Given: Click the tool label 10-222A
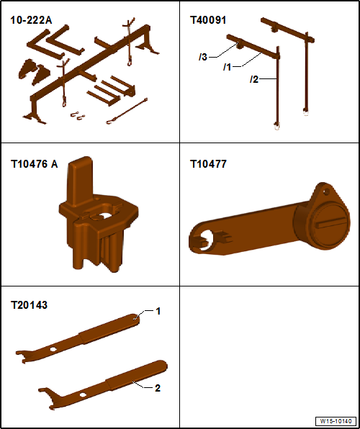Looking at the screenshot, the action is (x=31, y=20).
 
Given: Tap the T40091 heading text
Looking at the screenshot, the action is (x=208, y=20).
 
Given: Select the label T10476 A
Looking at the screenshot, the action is (x=35, y=164).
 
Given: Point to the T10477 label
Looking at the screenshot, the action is (x=208, y=164).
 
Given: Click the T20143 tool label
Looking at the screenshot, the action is (x=29, y=304).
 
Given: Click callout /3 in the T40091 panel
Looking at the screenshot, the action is (x=203, y=58).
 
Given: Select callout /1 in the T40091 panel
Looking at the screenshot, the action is (x=227, y=67).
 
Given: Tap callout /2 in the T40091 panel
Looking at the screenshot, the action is (x=253, y=80).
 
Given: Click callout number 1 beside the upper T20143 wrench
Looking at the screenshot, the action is (x=158, y=312).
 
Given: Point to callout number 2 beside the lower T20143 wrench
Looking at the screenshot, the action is (x=158, y=388).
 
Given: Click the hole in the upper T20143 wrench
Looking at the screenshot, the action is (x=53, y=349).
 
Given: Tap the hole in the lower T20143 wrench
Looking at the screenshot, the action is (x=82, y=394).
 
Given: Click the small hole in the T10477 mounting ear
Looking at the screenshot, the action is (x=325, y=192).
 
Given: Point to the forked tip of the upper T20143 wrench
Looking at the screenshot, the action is (x=22, y=356).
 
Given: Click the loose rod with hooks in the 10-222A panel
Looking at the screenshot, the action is (x=127, y=111).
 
